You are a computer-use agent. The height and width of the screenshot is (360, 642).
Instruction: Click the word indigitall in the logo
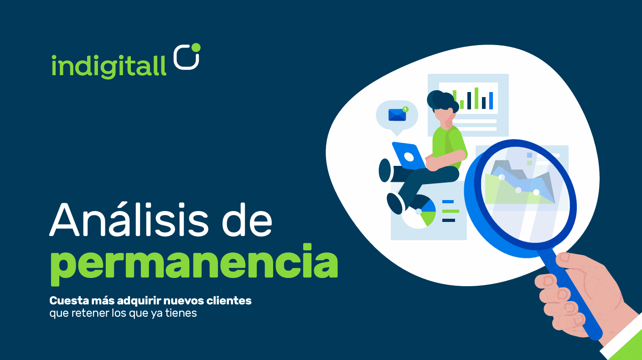click(109, 66)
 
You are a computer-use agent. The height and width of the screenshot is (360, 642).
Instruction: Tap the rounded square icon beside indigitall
click(187, 57)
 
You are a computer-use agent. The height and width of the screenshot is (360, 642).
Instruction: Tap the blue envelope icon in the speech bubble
click(397, 115)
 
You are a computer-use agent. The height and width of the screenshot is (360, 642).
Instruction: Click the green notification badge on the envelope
click(405, 109)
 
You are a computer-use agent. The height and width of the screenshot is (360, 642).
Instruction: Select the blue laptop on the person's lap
click(408, 156)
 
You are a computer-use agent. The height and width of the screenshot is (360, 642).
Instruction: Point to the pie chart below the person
click(419, 213)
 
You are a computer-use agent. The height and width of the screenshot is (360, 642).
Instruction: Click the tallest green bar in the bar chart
click(476, 98)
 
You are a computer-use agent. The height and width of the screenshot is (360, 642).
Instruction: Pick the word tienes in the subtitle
click(182, 314)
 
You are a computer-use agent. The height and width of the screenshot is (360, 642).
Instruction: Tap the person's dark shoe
click(395, 203)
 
